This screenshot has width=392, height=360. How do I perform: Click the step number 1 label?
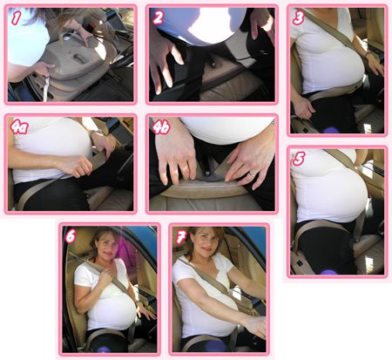(x=16, y=18)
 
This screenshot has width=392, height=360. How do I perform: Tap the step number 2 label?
(x=159, y=17)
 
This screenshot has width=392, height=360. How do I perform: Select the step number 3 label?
(x=299, y=17)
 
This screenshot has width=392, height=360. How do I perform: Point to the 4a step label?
(x=19, y=127)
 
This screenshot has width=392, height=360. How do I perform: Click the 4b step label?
(x=161, y=127)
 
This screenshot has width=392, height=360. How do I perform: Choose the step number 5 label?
(x=299, y=159)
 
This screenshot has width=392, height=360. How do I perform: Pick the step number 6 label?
(x=71, y=236)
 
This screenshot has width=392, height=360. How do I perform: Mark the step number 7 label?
(x=181, y=237)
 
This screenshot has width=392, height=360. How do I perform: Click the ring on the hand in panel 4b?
(x=252, y=174)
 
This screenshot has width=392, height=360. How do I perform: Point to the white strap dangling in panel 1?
(x=46, y=88)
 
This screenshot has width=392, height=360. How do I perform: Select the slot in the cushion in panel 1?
(x=79, y=58)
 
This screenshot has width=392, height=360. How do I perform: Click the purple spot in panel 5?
(x=329, y=272)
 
